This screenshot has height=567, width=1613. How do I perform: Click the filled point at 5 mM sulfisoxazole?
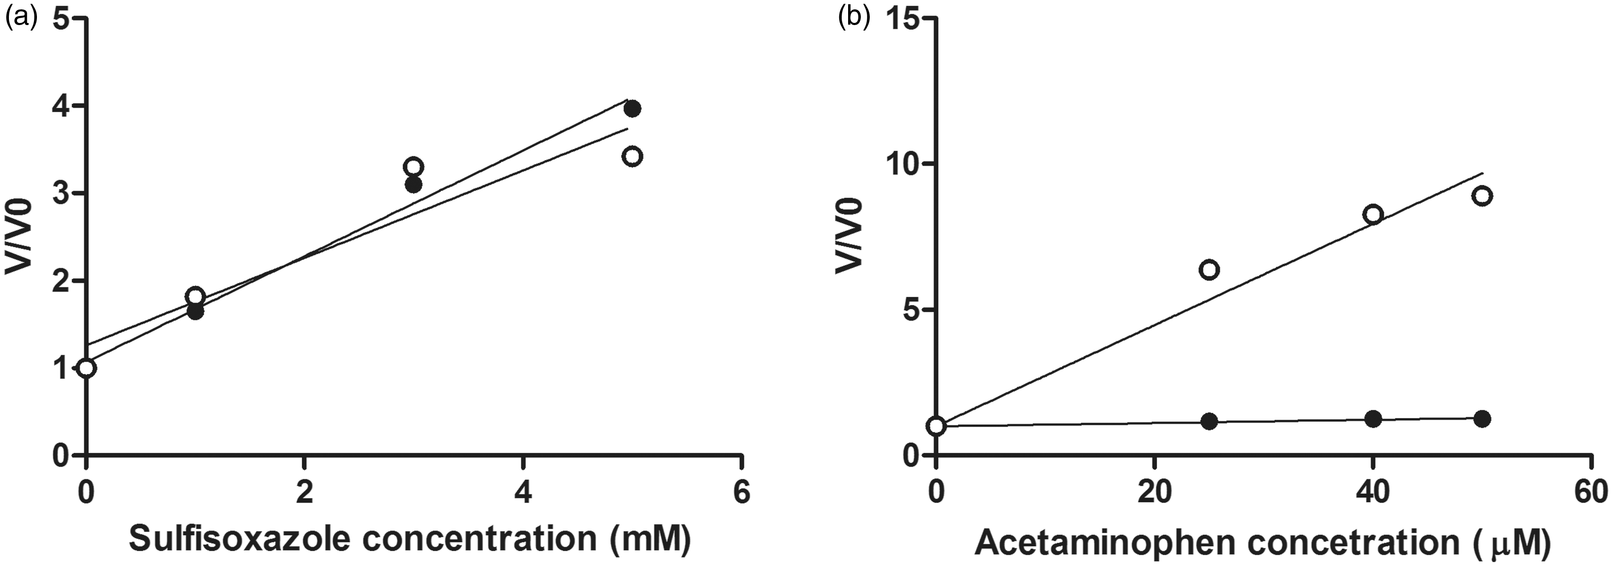coord(632,108)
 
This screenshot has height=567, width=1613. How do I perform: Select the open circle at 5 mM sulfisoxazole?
coord(632,156)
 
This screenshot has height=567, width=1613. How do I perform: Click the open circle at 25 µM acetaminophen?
coord(1209,270)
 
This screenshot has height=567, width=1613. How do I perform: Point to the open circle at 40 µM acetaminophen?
coord(1373,214)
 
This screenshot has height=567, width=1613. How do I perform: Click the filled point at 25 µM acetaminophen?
coord(1209,421)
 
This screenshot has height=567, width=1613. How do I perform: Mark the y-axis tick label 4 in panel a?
coord(62,106)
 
